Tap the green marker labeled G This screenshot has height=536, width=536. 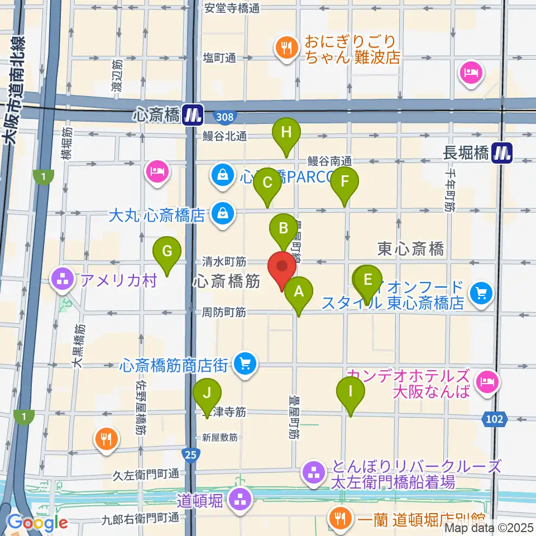[x=167, y=252]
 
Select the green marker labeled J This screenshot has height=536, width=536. [x=207, y=394]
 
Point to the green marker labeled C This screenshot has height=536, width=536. [x=267, y=184]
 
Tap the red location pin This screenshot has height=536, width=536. [x=282, y=269]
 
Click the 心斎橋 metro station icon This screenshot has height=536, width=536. [x=194, y=116]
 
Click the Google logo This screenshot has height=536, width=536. [x=37, y=523]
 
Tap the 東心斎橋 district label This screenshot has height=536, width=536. [x=410, y=248]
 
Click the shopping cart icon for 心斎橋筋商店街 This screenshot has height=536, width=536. [x=245, y=365]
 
